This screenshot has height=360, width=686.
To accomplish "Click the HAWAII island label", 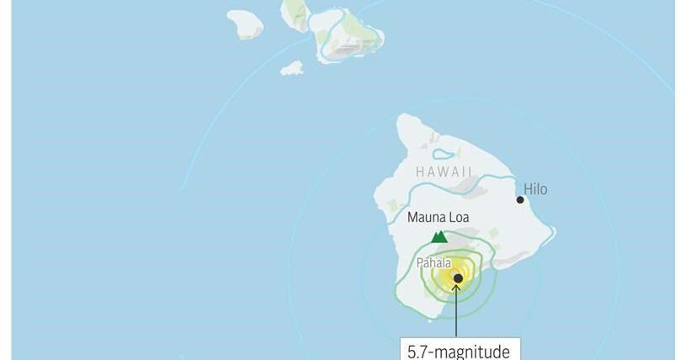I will [444, 172].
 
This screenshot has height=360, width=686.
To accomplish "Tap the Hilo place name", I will [535, 189].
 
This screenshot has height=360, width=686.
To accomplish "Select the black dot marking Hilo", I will [520, 199].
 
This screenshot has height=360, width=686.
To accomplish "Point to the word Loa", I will [459, 218].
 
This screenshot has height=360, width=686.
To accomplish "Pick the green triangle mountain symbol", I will [439, 236].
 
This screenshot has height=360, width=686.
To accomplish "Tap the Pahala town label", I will [434, 262].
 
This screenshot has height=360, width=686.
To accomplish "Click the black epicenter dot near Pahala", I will [458, 278].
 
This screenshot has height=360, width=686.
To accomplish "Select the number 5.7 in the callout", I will [420, 351].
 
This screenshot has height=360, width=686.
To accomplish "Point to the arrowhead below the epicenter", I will [457, 289].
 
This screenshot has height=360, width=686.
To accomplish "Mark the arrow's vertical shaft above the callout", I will [457, 315].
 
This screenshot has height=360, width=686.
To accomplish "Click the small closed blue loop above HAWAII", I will [444, 154].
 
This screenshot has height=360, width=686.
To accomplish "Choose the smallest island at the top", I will [292, 68].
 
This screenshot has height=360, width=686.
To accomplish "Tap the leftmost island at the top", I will [245, 24].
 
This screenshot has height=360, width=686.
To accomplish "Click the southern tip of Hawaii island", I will [431, 320].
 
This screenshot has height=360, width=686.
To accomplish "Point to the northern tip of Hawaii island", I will [407, 117].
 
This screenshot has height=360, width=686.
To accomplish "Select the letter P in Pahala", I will [420, 262].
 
